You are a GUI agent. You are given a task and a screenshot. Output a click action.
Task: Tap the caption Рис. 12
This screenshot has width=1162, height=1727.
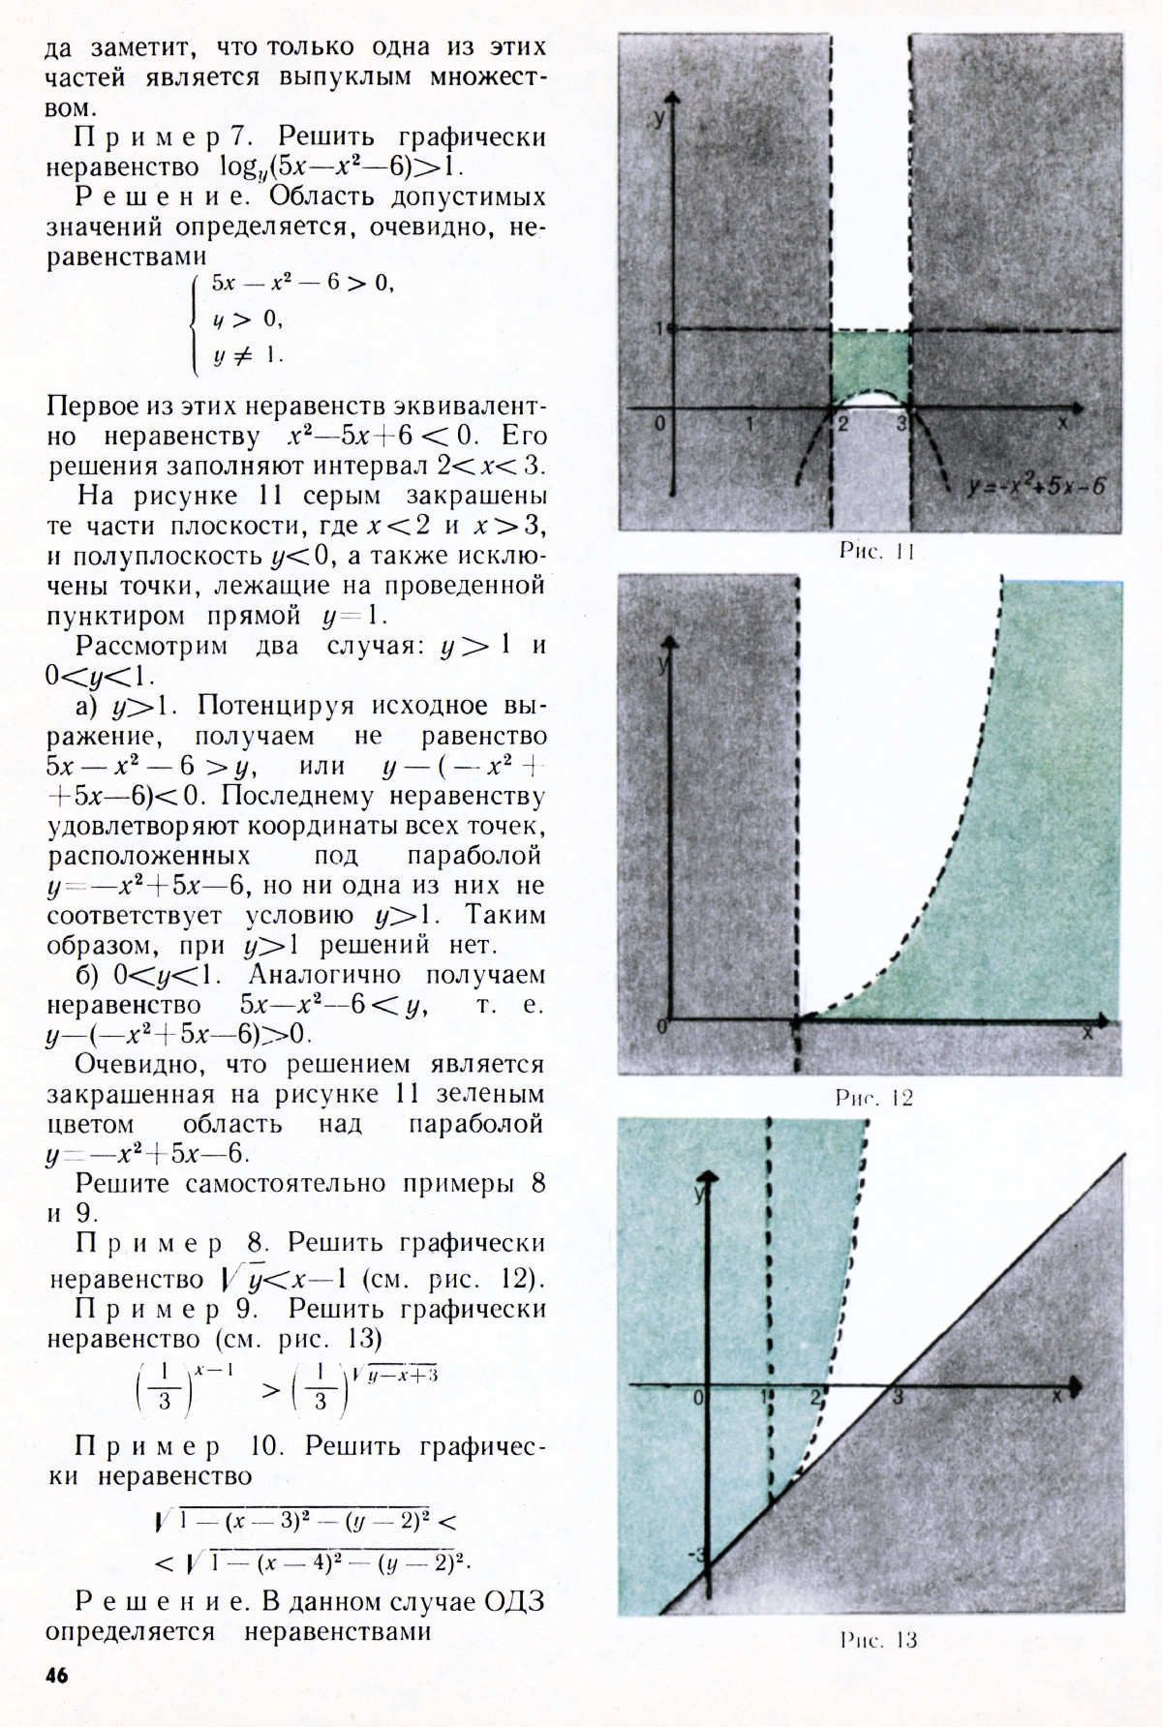pos(873,1098)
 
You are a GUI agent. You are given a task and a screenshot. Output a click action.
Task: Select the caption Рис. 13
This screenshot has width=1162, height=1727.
pos(877,1640)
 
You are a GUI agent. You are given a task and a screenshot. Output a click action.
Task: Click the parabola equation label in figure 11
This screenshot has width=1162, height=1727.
pos(1036,486)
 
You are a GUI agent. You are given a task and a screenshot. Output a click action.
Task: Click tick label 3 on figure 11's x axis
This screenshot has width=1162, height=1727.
pos(902,423)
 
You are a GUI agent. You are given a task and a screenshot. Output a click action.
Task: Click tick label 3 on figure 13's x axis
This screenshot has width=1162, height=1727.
pos(898,1398)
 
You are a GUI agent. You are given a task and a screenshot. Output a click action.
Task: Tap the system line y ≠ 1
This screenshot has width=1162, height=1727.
pos(247,355)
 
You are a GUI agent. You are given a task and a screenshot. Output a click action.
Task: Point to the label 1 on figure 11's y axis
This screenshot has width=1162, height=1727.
pos(658,329)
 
